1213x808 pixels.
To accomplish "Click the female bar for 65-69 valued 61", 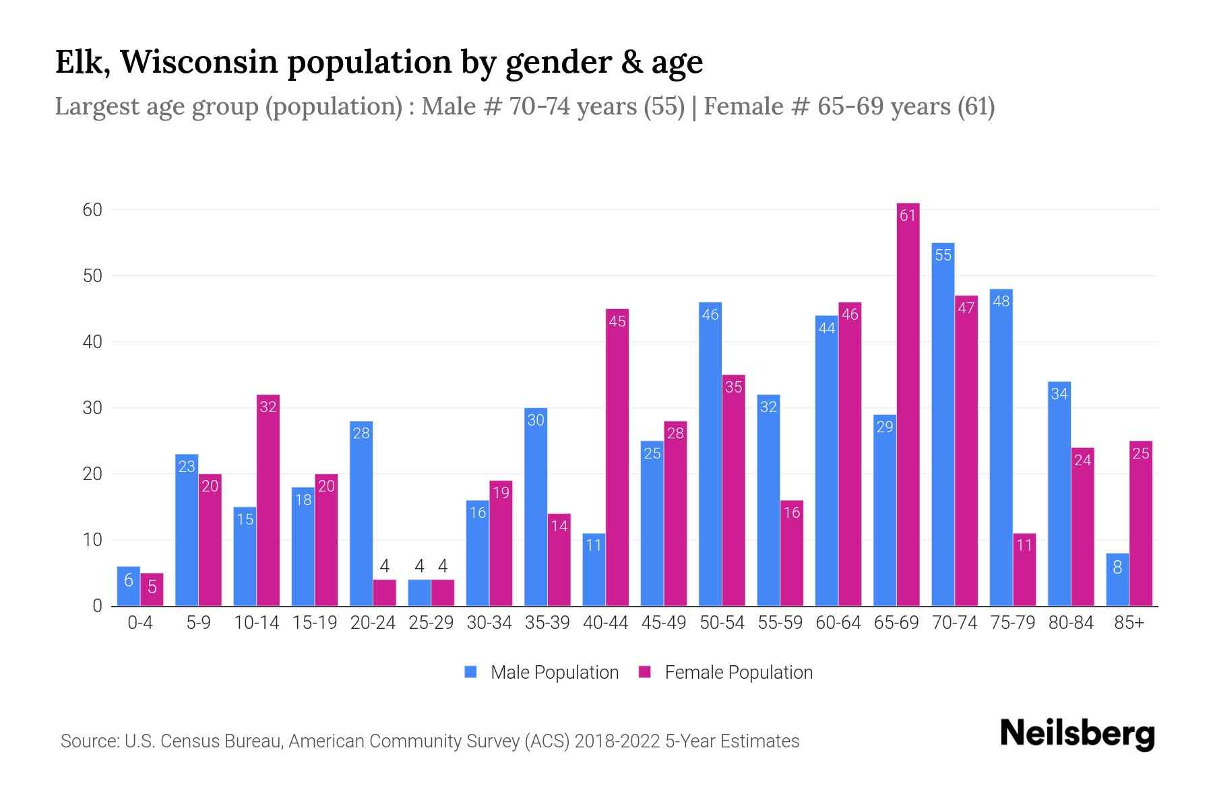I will [908, 404].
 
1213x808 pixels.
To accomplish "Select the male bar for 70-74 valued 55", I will [943, 424].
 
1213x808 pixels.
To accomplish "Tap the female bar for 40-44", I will [617, 458].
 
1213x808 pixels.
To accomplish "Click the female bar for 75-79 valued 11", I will [1024, 570].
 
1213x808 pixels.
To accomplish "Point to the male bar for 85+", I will [1117, 580].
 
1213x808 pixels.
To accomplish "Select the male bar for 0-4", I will [129, 586].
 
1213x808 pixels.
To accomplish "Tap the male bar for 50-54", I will [710, 454].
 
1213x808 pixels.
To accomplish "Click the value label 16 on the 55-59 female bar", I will [792, 512].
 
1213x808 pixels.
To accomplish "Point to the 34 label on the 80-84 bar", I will [1059, 394].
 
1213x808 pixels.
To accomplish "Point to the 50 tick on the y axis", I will [93, 276].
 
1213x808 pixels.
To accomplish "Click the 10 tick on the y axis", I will [93, 540].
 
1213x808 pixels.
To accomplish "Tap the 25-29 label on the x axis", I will [431, 623].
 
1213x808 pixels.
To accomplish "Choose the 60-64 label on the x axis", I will [838, 623].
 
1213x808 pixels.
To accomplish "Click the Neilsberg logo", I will [1077, 734].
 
